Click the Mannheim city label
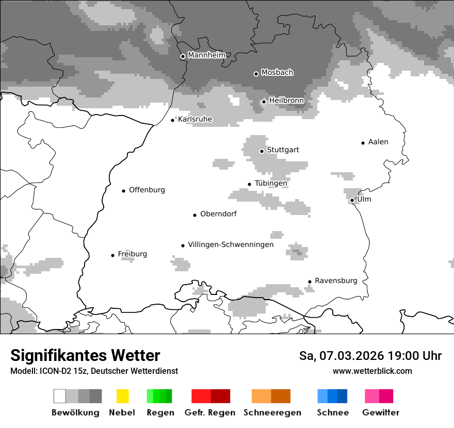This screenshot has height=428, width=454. coord(206,55)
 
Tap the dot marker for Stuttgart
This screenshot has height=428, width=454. coord(262,151)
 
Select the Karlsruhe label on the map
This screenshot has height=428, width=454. coord(195,119)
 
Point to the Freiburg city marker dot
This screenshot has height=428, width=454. coord(112,255)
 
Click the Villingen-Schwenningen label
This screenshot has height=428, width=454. coord(231,244)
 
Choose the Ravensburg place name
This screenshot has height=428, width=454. coord(336,281)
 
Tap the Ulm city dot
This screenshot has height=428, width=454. coord(352,200)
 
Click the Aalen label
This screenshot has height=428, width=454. coord(378,142)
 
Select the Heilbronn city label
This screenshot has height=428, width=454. coord(286,101)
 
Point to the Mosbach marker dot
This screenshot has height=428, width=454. coord(256,74)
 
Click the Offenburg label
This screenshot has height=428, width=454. coord(147,190)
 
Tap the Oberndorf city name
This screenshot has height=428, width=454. coord(218,214)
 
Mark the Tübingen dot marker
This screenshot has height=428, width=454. coord(249,184)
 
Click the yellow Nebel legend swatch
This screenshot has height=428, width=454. coord(122,396)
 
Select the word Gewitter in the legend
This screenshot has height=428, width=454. coord(381,413)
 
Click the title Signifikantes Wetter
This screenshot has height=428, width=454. coord(85,355)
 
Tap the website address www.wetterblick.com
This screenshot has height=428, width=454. coord(372,371)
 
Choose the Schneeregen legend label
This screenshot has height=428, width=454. coord(272,413)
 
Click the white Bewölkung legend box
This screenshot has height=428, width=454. coord(60,396)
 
